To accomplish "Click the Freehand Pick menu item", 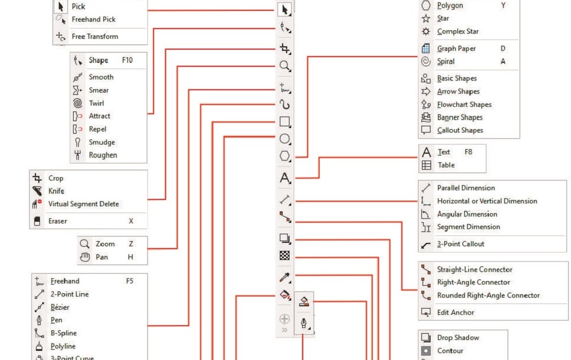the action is pos(93,19).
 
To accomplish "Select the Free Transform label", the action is pos(95,37).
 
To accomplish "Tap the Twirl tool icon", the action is pos(78,103).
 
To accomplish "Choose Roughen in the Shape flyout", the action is pos(103,155).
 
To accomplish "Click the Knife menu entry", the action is pos(57,191).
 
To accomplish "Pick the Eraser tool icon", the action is pos(37,221).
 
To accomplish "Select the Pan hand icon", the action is pos(85,257).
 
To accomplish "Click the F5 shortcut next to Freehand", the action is pos(130,281).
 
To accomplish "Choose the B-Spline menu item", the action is pos(63,333).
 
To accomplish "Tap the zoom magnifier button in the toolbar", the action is pos(284,66).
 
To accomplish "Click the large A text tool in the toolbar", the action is pos(284,178).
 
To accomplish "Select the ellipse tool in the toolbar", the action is pos(284,139).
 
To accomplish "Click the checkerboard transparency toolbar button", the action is pos(284,256).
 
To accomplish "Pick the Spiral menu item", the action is pos(446,62).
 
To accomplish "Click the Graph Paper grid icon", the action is pos(425,49).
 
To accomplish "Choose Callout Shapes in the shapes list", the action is pos(460,130).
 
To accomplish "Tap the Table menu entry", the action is pos(446,165).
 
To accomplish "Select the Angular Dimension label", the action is pos(467,214).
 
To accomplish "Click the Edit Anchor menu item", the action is pos(456,313).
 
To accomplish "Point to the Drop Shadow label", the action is pos(458,338).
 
